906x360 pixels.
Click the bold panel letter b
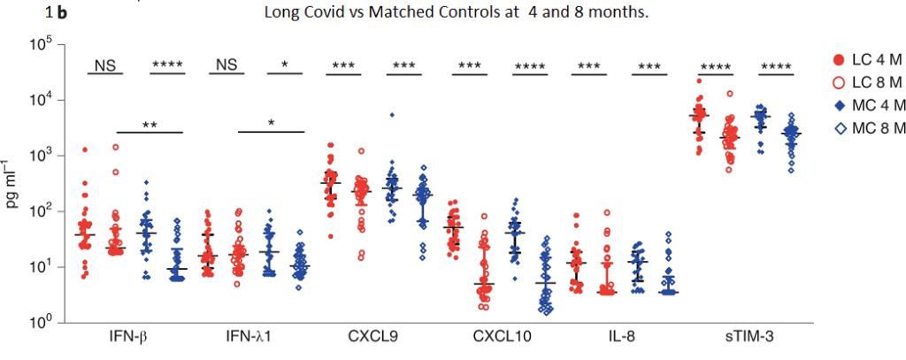point(60,13)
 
